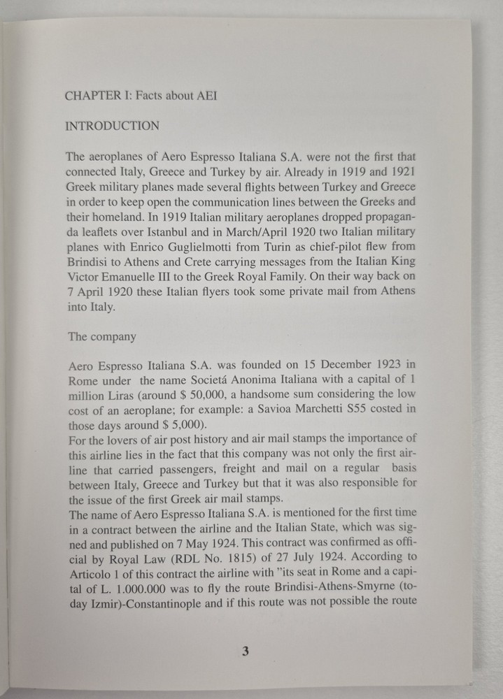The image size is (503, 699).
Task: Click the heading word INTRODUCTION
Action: tap(112, 127)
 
